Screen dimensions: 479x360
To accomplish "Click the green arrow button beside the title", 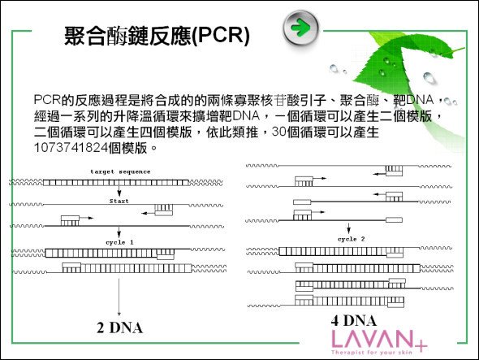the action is click(300, 28).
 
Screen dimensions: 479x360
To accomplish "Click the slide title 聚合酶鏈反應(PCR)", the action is click(157, 36).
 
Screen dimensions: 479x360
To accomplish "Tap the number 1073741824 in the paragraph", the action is click(71, 148).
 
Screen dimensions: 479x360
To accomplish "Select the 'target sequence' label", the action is click(120, 171).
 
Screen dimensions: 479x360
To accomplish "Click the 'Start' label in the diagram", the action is click(119, 201).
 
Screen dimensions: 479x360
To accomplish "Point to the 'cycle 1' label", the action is click(119, 242).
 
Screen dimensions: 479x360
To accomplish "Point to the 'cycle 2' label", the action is click(351, 239).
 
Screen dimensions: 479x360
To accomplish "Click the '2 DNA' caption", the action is click(120, 327).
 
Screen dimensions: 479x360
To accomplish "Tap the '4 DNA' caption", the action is click(354, 320).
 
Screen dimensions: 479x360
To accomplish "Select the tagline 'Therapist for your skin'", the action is click(372, 353).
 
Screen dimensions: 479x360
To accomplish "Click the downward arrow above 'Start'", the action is click(119, 191).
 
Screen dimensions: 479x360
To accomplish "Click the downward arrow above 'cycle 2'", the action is click(348, 228).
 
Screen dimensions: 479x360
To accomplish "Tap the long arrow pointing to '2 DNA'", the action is click(119, 297).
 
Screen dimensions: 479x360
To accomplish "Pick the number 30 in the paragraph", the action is click(279, 132).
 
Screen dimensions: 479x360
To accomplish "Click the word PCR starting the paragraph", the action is click(47, 100).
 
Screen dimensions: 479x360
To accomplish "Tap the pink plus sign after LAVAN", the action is click(421, 346).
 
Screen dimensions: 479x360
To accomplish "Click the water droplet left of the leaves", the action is click(334, 68).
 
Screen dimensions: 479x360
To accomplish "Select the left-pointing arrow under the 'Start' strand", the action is click(148, 213).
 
